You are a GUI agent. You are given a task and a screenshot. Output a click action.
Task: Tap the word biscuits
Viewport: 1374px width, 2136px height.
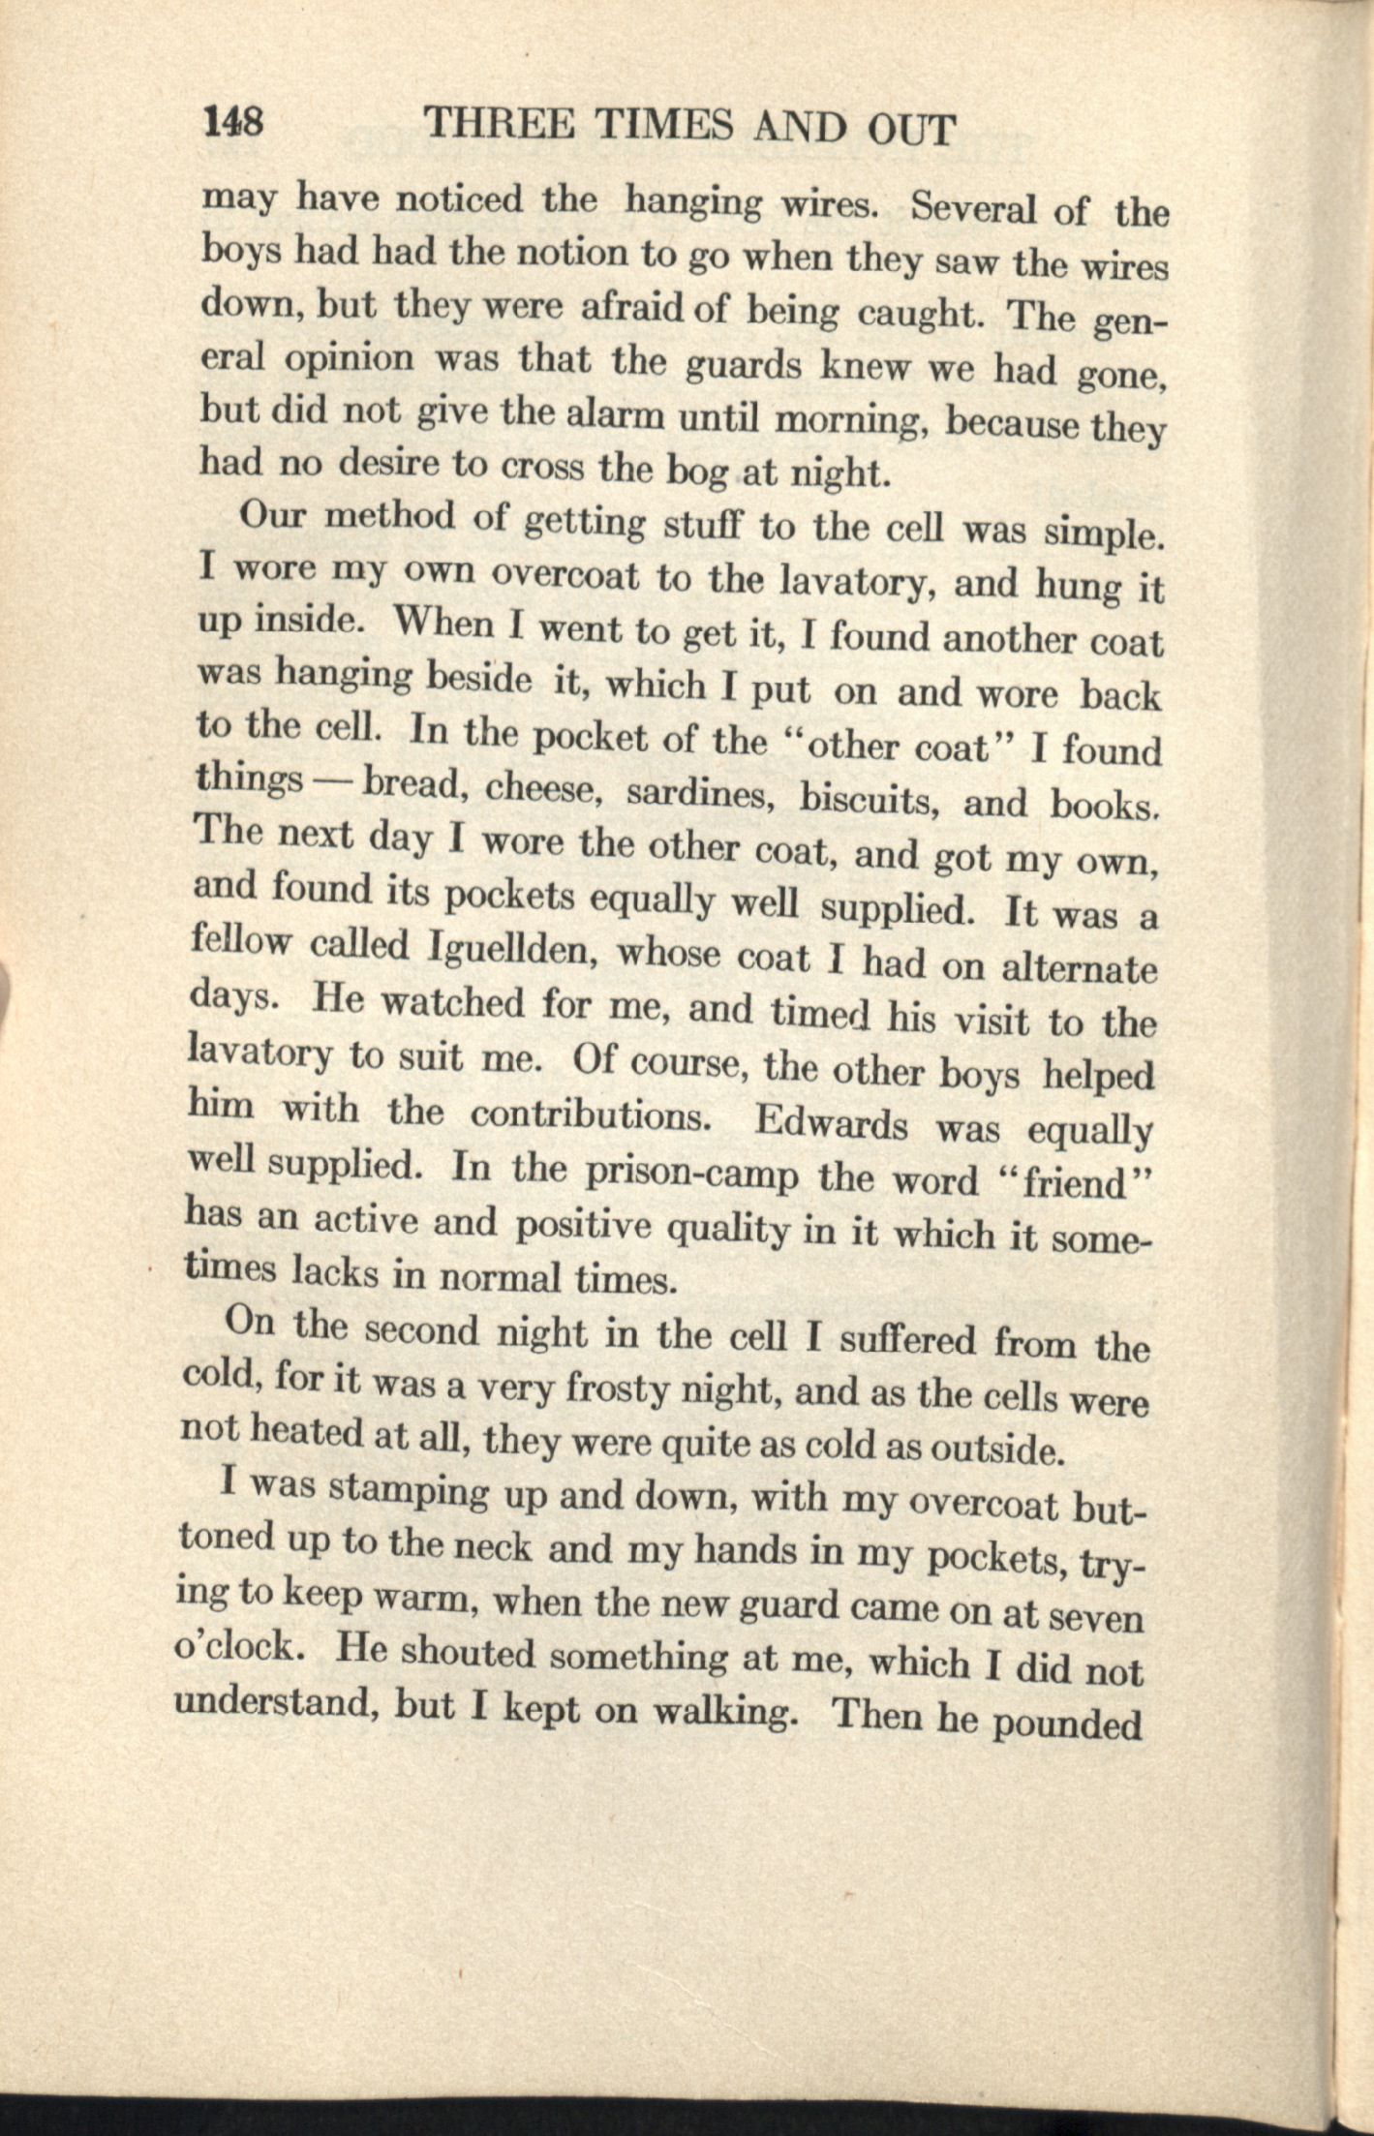click(870, 798)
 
